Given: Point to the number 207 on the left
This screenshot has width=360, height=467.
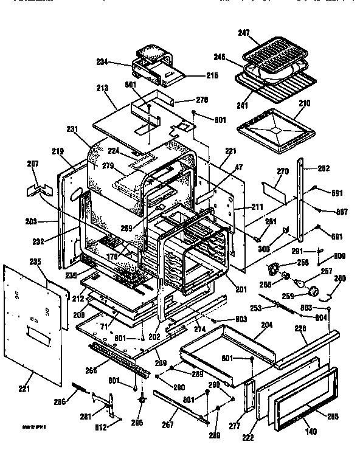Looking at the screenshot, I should pyautogui.click(x=33, y=164).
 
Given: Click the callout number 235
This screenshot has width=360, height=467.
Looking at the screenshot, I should pyautogui.click(x=35, y=263).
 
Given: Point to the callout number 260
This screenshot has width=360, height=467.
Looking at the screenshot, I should pyautogui.click(x=339, y=278).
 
